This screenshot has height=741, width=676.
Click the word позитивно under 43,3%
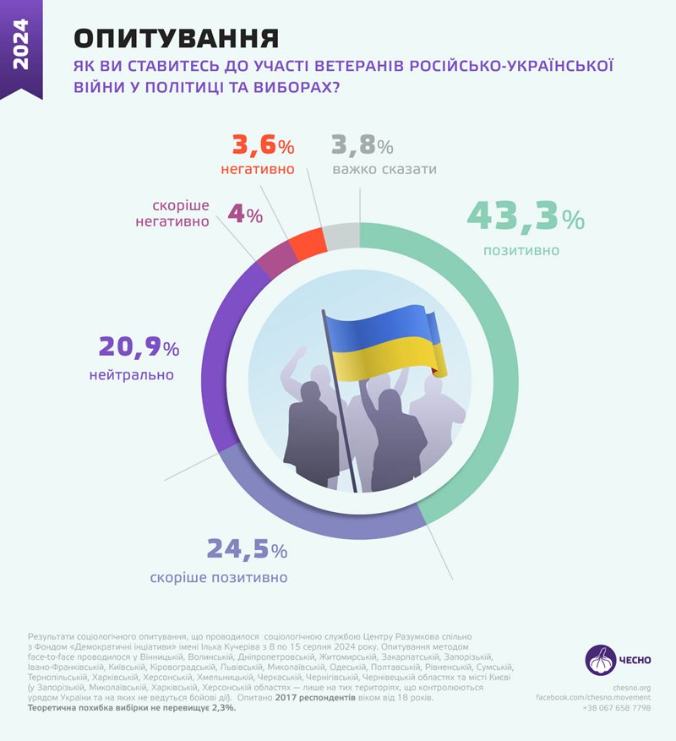click(521, 250)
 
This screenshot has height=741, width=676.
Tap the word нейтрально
click(129, 374)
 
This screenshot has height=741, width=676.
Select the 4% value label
click(245, 215)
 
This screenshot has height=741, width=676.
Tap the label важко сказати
click(384, 169)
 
